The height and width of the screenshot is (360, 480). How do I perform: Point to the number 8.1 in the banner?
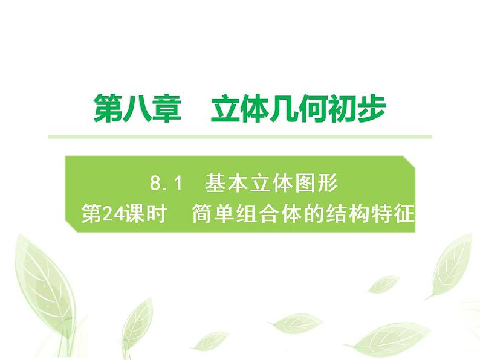165,182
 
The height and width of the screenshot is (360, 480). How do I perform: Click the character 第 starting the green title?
108,110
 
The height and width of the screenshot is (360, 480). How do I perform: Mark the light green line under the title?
240,137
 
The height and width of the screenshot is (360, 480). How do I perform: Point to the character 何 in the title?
313,110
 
